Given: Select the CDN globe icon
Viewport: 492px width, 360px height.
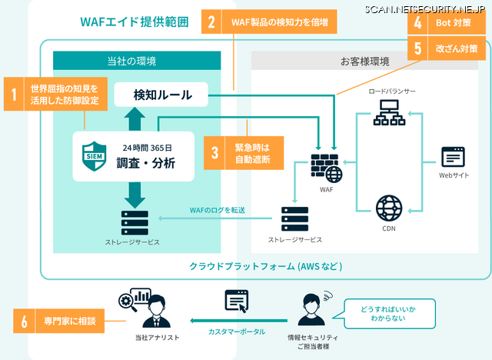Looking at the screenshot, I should [x=388, y=208].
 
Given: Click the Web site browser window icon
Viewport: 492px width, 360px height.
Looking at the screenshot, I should [x=453, y=156].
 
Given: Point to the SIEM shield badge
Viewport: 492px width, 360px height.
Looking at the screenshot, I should [x=92, y=152].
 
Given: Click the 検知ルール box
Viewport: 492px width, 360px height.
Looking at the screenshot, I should [x=162, y=95].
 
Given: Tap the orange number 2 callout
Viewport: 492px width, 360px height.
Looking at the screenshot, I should [x=212, y=22].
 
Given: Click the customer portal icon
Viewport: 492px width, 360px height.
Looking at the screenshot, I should [x=235, y=302].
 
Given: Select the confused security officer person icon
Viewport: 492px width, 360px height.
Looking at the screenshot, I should [x=311, y=306].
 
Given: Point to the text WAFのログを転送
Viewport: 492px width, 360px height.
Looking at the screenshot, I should [x=217, y=210].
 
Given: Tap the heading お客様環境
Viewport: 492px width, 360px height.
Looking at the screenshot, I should [x=361, y=61].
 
